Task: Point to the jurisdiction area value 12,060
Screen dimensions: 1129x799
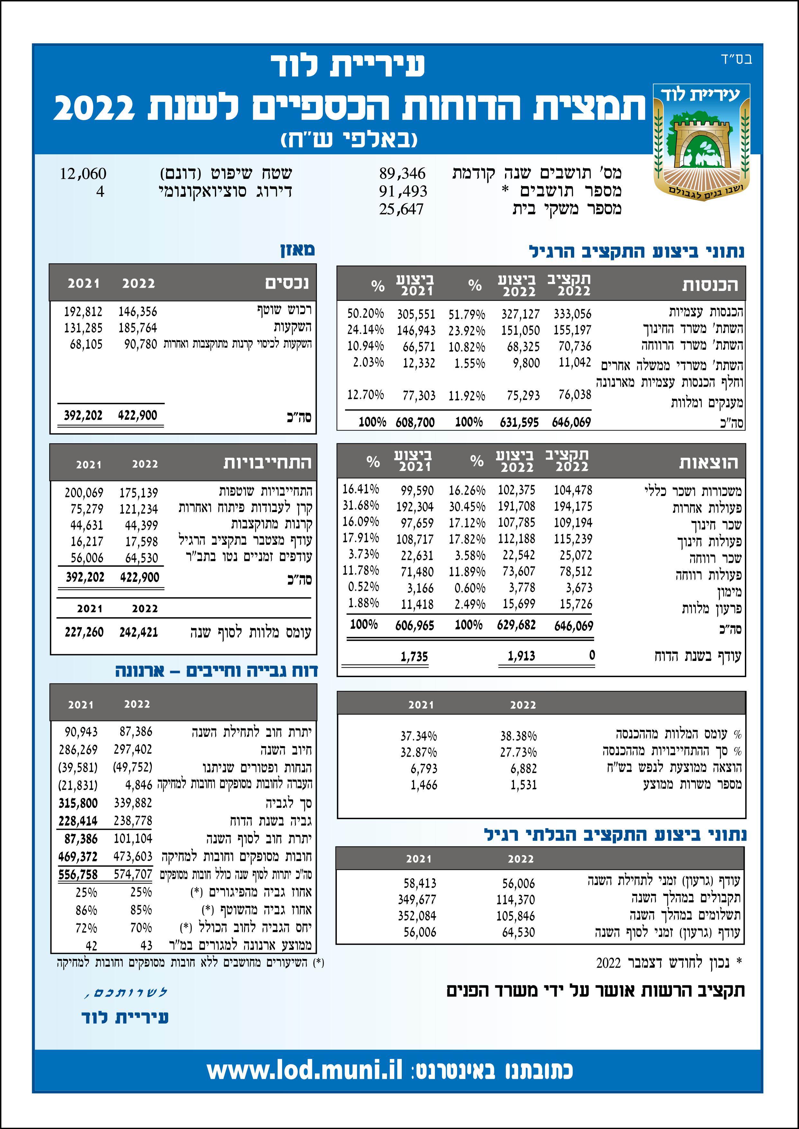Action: tap(83, 174)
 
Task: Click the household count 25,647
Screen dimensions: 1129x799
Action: tap(401, 209)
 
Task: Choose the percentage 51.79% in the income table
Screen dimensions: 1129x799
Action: tap(466, 314)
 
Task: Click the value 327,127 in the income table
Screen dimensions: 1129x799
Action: tap(520, 314)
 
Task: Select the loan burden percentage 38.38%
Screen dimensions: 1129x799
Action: tap(519, 736)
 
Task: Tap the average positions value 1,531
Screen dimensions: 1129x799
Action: tap(523, 785)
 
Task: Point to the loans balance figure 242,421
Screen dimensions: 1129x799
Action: tap(139, 632)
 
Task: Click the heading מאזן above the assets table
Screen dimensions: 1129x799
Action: tap(298, 250)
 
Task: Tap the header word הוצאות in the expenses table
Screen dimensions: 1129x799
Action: tap(709, 463)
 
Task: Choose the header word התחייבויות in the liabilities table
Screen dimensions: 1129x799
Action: tap(268, 463)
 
